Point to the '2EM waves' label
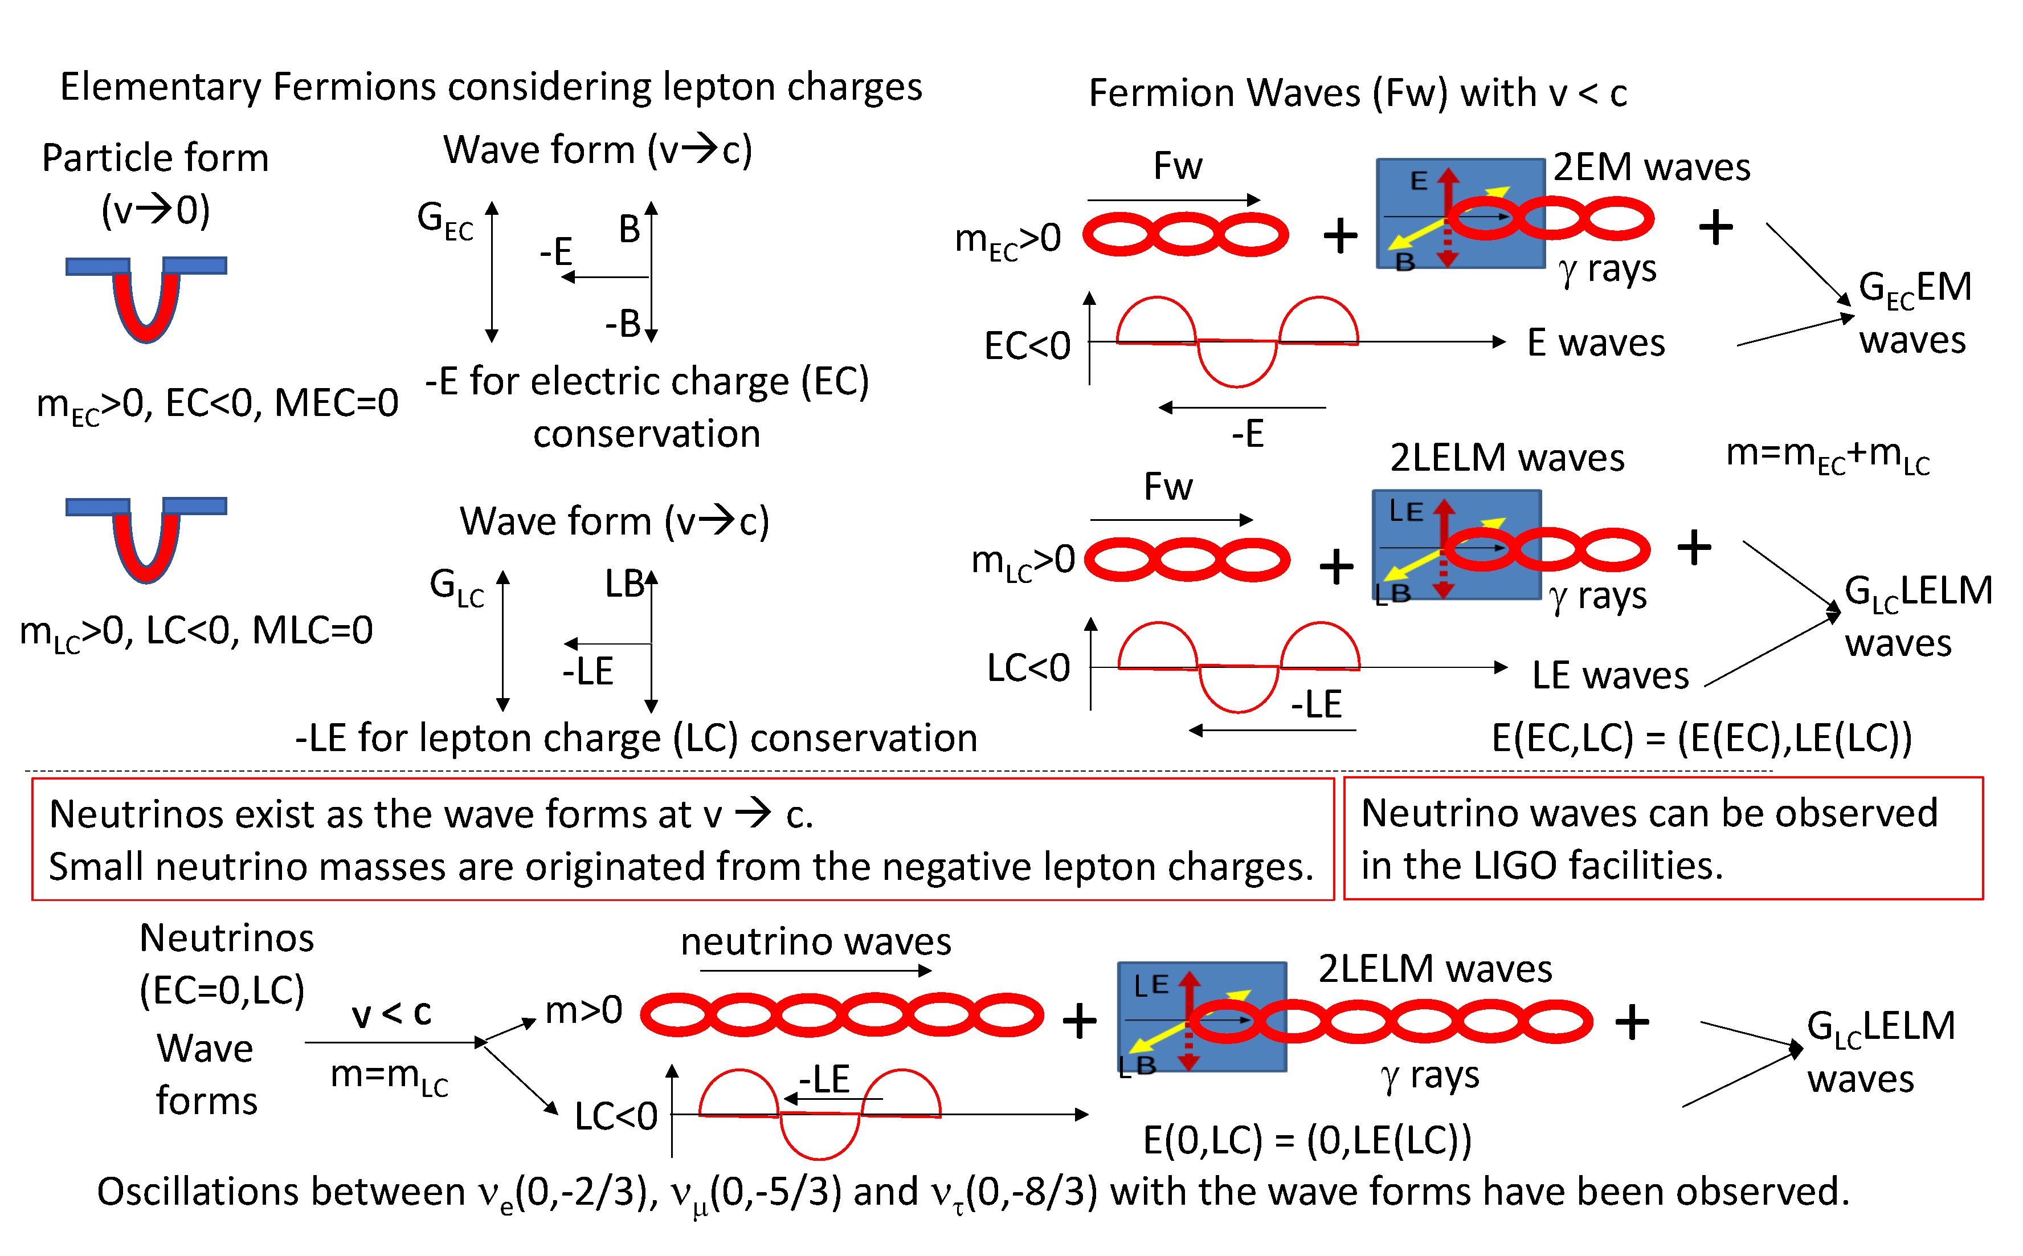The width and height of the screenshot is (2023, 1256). coord(1651,167)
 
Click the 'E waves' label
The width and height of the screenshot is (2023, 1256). coord(1595,342)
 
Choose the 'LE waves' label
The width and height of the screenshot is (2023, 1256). coord(1609,675)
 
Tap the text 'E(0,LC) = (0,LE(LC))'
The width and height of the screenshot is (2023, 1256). coord(1307,1140)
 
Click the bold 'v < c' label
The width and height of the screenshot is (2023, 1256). coord(391,1013)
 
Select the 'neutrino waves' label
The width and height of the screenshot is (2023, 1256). coord(815,942)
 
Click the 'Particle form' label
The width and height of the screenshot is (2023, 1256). coord(156,158)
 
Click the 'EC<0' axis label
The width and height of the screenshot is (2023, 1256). coord(1027,345)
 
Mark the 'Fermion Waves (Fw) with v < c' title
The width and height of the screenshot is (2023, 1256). coord(1358,93)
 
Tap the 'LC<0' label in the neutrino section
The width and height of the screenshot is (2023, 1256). coord(615,1116)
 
